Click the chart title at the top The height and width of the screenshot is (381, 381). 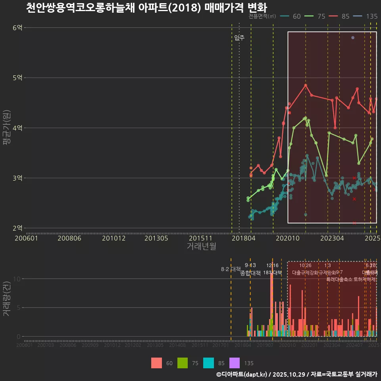click(x=146, y=8)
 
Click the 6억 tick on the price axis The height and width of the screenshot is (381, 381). click(x=17, y=27)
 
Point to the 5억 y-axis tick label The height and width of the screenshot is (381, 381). click(x=17, y=78)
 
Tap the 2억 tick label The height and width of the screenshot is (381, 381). click(x=17, y=228)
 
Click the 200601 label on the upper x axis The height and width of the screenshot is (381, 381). click(x=26, y=238)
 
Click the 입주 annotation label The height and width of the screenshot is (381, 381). click(x=239, y=38)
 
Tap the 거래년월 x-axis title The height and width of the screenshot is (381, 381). click(x=202, y=246)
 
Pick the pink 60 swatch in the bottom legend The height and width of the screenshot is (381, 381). click(x=156, y=363)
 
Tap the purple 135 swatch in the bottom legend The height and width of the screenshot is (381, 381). click(x=235, y=363)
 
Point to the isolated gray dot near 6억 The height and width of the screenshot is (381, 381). click(x=353, y=38)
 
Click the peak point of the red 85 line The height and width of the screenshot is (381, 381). click(x=306, y=85)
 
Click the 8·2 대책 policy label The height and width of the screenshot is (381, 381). click(x=231, y=269)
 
